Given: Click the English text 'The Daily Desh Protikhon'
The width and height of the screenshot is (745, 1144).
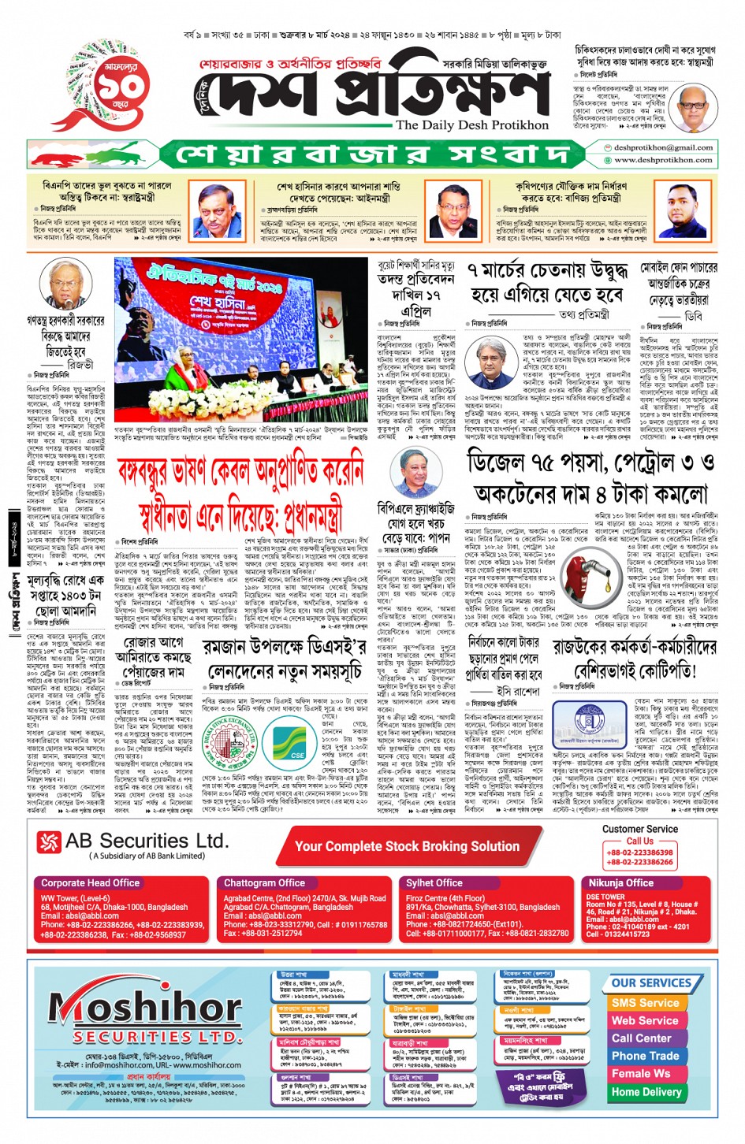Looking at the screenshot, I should pyautogui.click(x=471, y=124).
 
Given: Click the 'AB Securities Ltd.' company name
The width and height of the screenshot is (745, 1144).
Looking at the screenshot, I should pyautogui.click(x=147, y=841).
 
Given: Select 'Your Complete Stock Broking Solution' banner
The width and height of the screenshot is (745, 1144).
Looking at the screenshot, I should pyautogui.click(x=407, y=846).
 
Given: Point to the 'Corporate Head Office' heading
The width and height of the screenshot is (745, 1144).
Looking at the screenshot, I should pyautogui.click(x=90, y=883).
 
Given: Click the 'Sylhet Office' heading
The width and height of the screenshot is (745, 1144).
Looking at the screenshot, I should pyautogui.click(x=434, y=883).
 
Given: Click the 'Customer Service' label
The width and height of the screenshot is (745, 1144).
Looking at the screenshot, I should pyautogui.click(x=639, y=829).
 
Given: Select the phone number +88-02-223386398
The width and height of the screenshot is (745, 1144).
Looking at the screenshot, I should pyautogui.click(x=639, y=852).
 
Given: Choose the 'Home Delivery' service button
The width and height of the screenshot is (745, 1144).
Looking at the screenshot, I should pyautogui.click(x=646, y=1092).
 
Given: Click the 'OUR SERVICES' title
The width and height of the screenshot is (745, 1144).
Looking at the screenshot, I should pyautogui.click(x=650, y=983).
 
